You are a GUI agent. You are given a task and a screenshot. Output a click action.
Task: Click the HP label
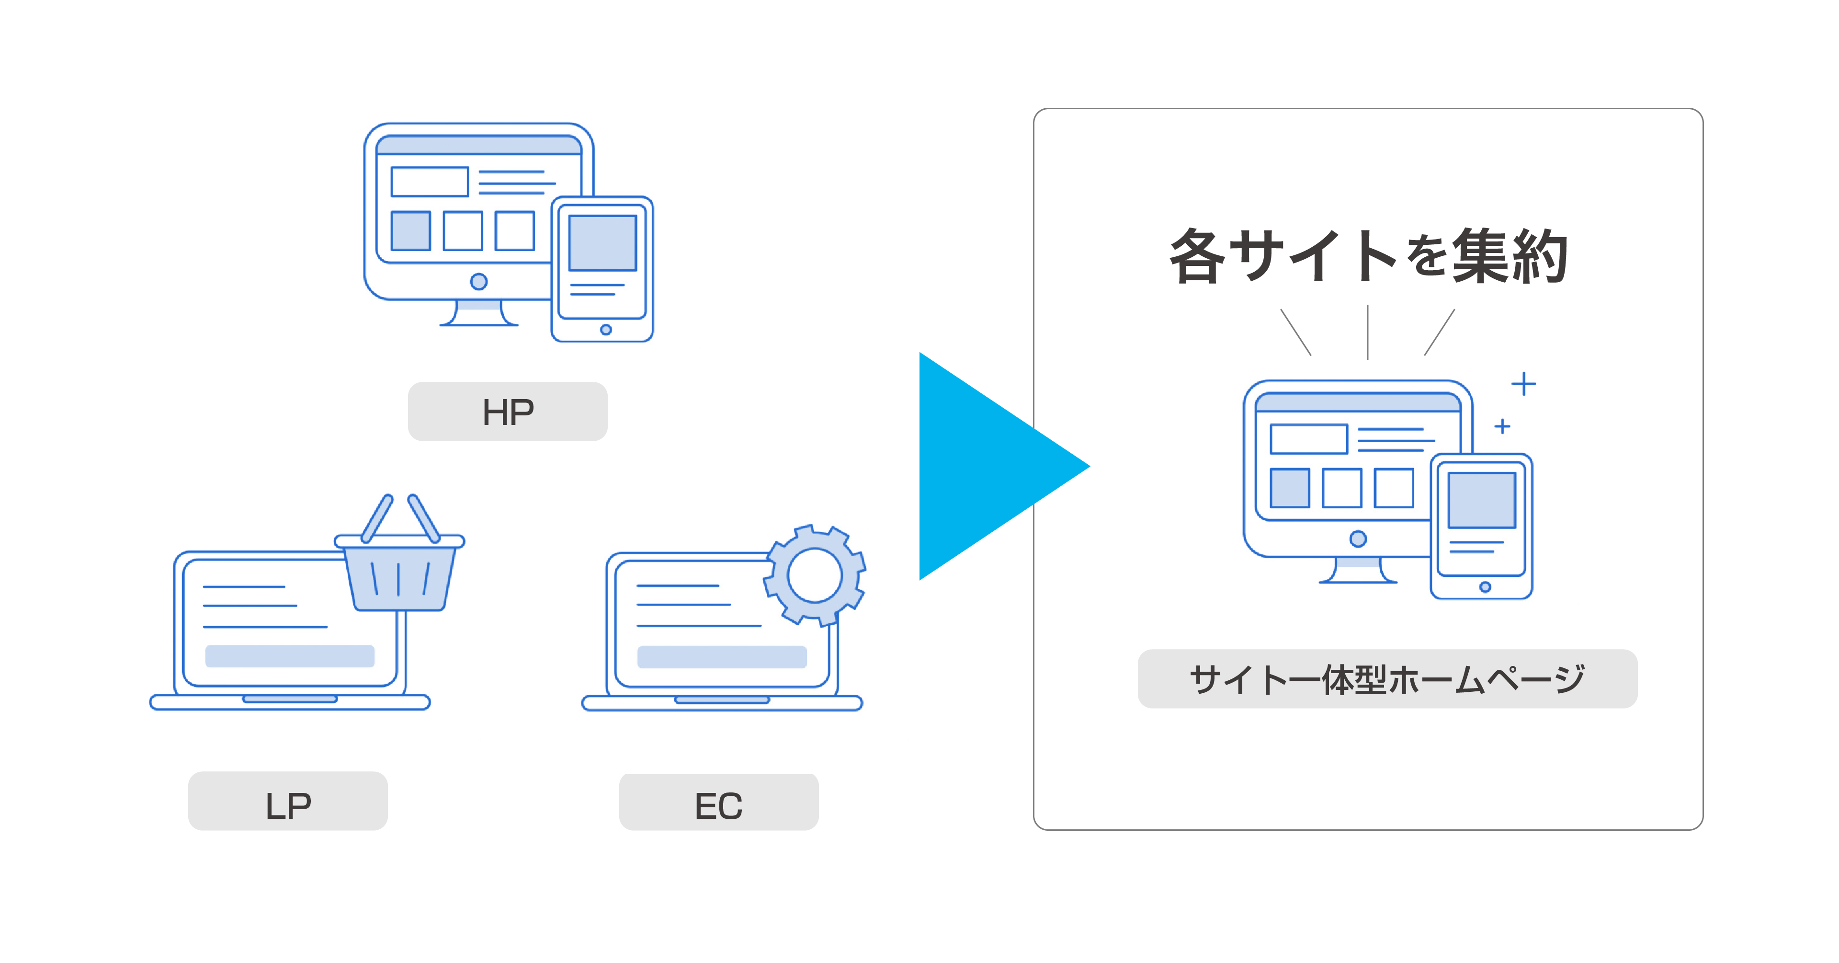[508, 412]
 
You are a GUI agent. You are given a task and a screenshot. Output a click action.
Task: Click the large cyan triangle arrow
[992, 466]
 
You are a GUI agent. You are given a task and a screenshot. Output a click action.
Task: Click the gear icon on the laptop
[815, 575]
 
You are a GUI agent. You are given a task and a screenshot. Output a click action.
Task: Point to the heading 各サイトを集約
[1367, 256]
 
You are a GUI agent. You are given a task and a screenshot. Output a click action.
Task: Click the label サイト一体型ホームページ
[1386, 679]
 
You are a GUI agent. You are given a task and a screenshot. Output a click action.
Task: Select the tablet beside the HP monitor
[602, 269]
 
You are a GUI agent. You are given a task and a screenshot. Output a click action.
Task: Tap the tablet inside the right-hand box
[1481, 527]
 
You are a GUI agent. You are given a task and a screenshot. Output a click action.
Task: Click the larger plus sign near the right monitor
[1523, 384]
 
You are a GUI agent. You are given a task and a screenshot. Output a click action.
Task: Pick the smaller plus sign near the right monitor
[1502, 426]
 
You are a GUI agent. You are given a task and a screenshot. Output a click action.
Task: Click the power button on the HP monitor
[479, 281]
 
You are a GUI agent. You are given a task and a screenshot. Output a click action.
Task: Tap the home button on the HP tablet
[606, 329]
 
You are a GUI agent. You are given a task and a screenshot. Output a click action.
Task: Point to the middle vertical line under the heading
[1367, 332]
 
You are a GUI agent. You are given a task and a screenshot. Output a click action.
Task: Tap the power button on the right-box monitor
[1358, 539]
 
